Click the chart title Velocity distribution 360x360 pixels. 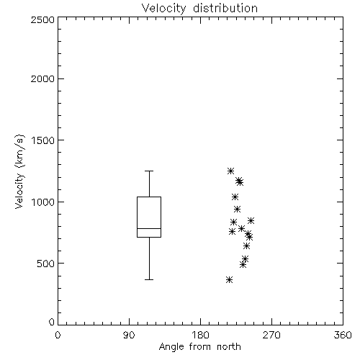199,9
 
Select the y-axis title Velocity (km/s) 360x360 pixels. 19,171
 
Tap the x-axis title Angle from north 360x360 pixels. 199,346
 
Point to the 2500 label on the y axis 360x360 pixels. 42,19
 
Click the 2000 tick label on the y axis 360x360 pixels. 42,78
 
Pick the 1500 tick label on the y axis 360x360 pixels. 43,140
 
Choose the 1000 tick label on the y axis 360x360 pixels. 43,202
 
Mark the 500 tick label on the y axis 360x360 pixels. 46,264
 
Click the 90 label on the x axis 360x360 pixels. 129,335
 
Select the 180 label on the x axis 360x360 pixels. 200,335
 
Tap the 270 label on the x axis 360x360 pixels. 271,335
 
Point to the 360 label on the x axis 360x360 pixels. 343,335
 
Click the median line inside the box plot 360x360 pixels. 149,228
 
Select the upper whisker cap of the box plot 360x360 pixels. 149,171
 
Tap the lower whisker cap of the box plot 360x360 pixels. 149,279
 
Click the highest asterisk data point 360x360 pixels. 230,171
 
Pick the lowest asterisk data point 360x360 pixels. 229,279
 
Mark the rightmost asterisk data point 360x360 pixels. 251,220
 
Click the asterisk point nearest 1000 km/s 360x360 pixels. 235,197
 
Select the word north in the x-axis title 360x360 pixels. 229,346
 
